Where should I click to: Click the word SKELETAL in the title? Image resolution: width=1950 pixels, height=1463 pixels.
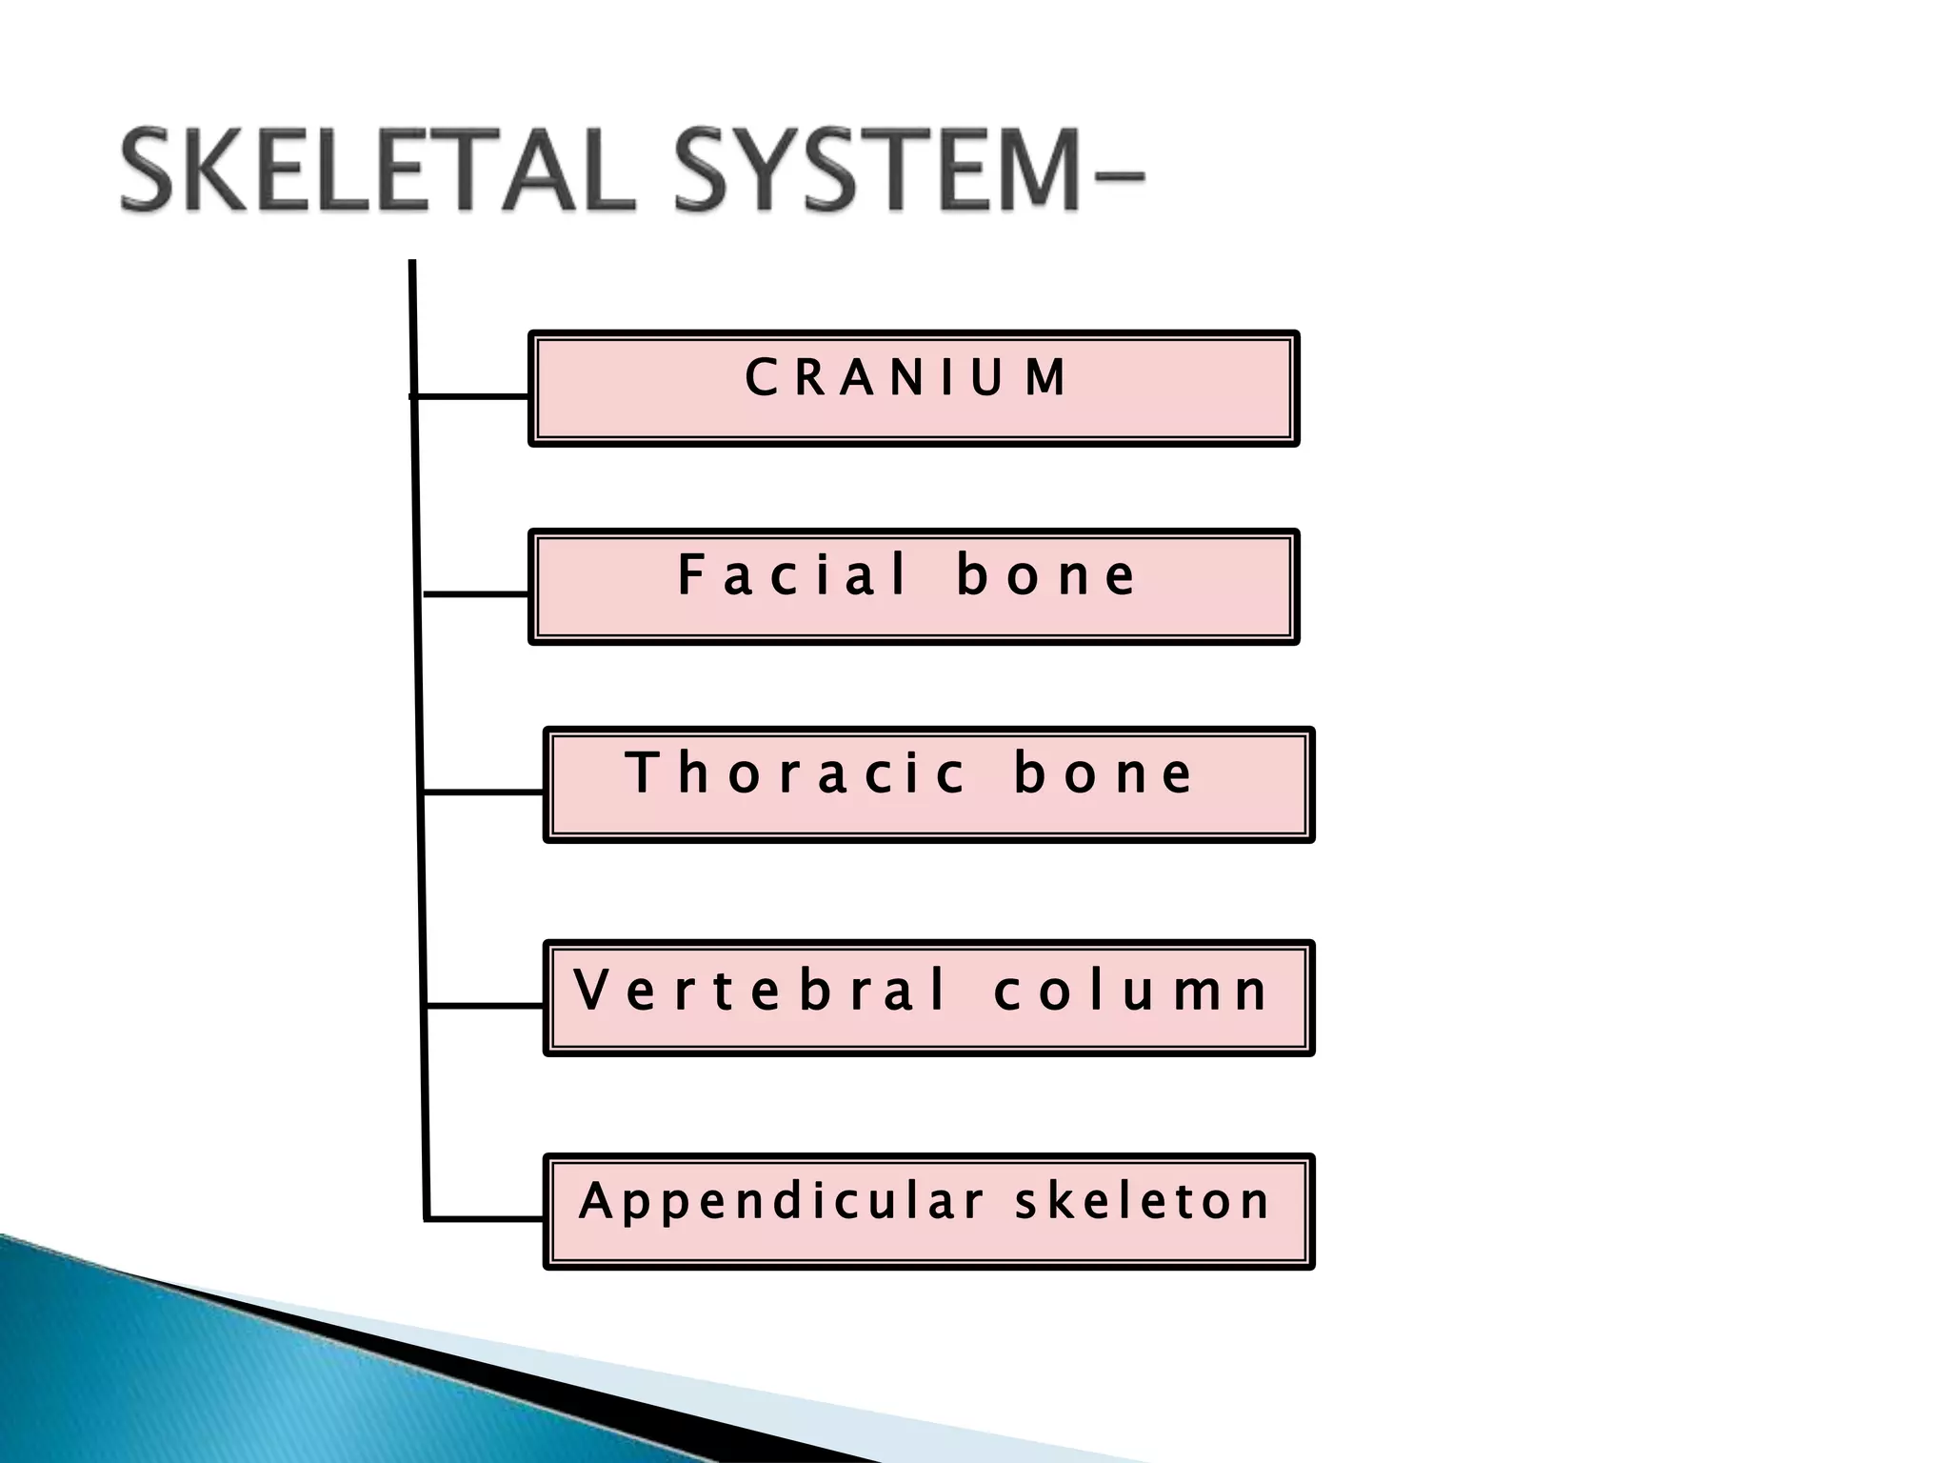click(x=376, y=172)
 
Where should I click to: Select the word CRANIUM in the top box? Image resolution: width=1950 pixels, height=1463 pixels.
click(x=905, y=377)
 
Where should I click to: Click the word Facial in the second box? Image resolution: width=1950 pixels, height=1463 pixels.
click(x=793, y=575)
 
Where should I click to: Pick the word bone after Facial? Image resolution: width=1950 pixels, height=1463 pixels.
click(x=1045, y=575)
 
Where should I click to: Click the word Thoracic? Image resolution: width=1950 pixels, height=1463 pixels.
click(x=796, y=772)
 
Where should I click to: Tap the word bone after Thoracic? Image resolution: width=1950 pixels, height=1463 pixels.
click(x=1102, y=772)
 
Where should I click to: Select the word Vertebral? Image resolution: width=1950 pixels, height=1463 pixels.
click(x=760, y=990)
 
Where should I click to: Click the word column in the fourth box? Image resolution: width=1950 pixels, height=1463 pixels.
click(x=1130, y=991)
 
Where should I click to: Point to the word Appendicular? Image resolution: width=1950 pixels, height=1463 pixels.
click(x=781, y=1200)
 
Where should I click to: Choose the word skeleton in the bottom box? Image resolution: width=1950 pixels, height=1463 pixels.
click(x=1143, y=1200)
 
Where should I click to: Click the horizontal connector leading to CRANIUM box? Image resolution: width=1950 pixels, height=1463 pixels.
click(x=471, y=395)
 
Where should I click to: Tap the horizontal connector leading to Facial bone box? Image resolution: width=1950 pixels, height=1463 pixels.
click(x=476, y=593)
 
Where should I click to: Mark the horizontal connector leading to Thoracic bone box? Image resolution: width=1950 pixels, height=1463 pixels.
click(x=483, y=791)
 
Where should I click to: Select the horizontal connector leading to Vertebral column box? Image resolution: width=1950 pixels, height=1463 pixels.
click(x=485, y=1004)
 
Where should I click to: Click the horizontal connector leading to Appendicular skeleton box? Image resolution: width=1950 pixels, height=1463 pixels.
click(x=486, y=1217)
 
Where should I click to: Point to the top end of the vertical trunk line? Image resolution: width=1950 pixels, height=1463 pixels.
click(x=412, y=265)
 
